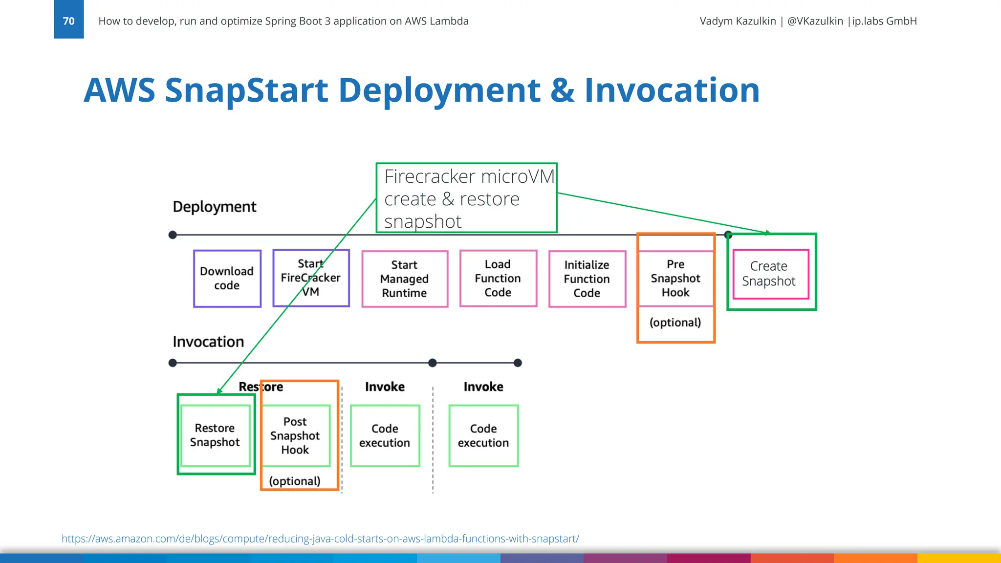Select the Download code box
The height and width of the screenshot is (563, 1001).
(227, 279)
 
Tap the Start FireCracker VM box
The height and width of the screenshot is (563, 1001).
(311, 278)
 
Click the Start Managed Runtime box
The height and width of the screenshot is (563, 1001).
(405, 279)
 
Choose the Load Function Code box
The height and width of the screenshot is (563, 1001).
(498, 279)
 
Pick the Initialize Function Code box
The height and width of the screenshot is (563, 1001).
(587, 279)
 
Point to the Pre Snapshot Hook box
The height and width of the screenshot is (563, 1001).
(675, 279)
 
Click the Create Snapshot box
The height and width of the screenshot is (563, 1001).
(771, 274)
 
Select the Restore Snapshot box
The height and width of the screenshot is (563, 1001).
(215, 435)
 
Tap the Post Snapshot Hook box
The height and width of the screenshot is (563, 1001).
(295, 435)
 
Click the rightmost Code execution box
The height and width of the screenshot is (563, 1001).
(483, 435)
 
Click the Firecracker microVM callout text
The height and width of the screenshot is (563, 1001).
(466, 198)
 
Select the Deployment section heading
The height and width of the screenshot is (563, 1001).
(214, 207)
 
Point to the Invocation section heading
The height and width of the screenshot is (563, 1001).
(208, 342)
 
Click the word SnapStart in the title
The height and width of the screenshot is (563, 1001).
(246, 90)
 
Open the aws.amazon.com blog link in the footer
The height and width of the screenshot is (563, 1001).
(320, 539)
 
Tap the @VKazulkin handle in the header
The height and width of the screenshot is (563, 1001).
(815, 21)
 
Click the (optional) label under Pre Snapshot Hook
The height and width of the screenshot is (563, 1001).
(675, 323)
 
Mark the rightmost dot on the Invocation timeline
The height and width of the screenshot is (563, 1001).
(518, 363)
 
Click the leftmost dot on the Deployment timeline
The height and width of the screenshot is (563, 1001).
(173, 235)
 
